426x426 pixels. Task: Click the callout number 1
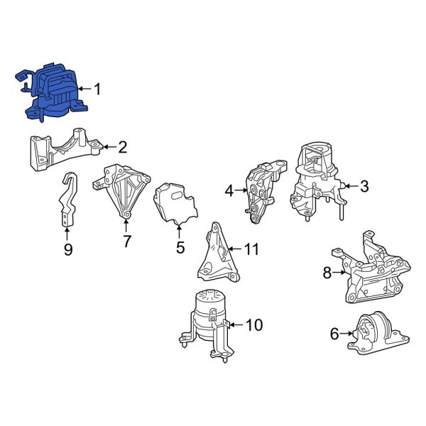[x=97, y=89]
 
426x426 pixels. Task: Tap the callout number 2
[x=122, y=148]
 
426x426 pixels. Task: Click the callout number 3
[x=364, y=187]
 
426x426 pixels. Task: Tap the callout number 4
[x=229, y=190]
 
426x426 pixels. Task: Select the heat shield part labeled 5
[x=177, y=204]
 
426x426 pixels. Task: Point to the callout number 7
[x=126, y=241]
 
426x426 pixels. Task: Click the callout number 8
[x=327, y=272]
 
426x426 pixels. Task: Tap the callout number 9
[x=67, y=248]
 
